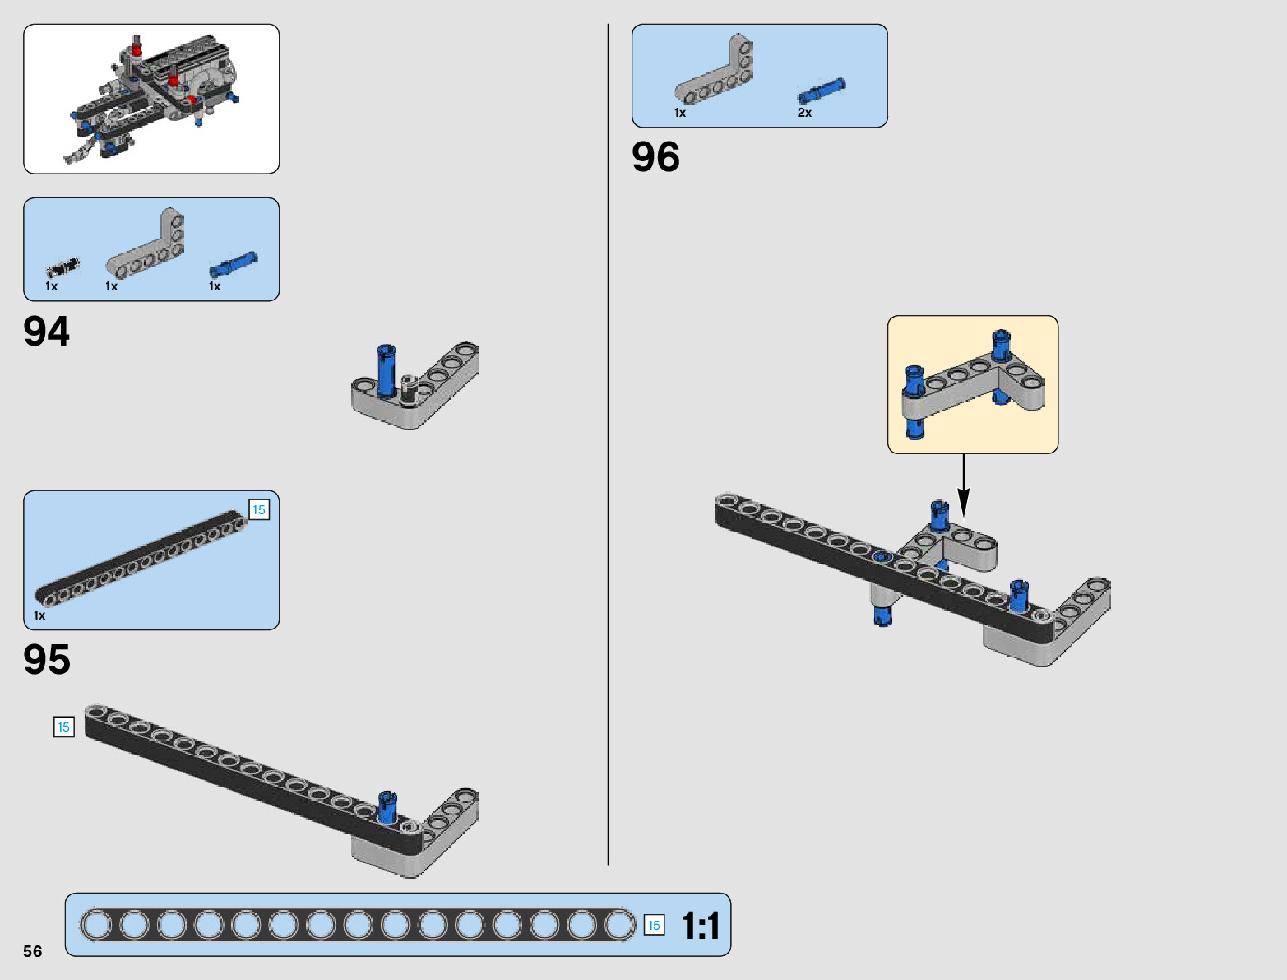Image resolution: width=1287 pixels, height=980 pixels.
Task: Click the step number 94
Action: (x=47, y=332)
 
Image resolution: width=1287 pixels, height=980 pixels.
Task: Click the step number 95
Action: (x=47, y=660)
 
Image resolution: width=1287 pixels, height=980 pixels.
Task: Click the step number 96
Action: (x=655, y=157)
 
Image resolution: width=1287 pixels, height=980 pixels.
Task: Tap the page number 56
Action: (x=32, y=951)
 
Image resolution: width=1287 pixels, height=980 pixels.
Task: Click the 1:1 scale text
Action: (x=701, y=926)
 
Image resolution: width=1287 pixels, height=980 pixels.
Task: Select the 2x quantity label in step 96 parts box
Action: (x=804, y=113)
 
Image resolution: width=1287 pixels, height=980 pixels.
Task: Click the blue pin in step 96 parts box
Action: (x=822, y=90)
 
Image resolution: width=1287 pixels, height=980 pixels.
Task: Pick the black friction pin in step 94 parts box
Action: (x=63, y=267)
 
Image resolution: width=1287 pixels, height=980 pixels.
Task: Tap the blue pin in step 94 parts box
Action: (x=233, y=264)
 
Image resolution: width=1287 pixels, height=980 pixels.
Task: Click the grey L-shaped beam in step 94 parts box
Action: (x=148, y=248)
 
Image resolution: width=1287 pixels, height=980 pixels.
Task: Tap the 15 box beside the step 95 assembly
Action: (x=63, y=727)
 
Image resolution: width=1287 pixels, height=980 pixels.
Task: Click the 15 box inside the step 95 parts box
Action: (x=258, y=510)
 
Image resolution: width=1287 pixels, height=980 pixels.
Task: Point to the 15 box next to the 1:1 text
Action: (x=654, y=926)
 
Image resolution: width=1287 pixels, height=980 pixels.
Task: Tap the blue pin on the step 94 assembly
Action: (x=386, y=370)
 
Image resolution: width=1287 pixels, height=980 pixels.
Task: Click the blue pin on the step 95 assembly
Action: (x=387, y=806)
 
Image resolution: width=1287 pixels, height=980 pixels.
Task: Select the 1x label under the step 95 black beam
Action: (x=39, y=615)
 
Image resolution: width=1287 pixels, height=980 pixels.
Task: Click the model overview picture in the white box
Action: (x=151, y=99)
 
